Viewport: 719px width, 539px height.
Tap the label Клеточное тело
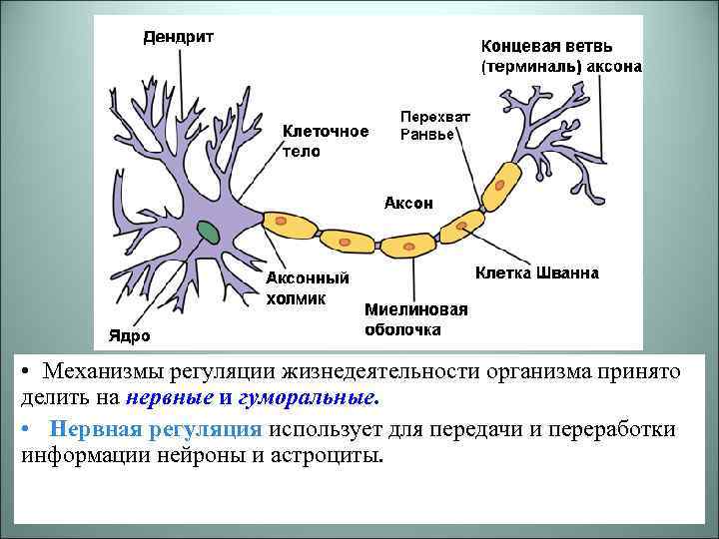[325, 141]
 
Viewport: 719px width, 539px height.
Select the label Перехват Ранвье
[434, 125]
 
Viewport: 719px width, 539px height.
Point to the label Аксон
[408, 203]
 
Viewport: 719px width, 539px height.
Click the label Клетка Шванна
[537, 271]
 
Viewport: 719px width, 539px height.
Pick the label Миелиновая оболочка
[415, 318]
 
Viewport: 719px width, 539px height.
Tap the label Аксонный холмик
[307, 287]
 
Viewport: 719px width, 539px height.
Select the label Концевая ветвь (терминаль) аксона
[560, 57]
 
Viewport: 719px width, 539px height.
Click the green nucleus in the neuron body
[209, 232]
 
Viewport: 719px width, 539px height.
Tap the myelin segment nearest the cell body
[291, 225]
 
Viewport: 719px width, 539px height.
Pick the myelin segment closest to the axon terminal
[500, 183]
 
